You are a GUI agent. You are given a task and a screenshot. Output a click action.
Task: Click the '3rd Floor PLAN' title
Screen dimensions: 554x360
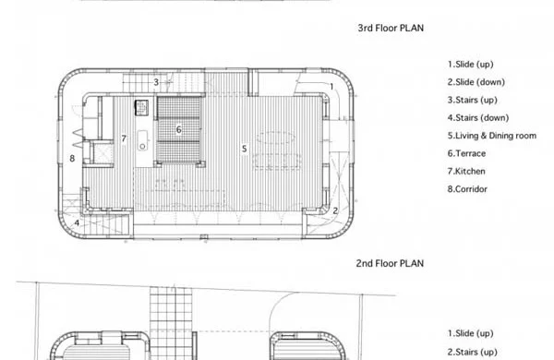(x=391, y=28)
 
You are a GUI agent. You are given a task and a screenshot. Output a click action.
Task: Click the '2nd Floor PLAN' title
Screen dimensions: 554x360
(x=390, y=263)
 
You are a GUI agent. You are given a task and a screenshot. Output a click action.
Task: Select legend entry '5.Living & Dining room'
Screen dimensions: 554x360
(x=492, y=136)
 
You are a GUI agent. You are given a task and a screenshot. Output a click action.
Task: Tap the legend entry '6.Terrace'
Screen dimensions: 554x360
(x=466, y=153)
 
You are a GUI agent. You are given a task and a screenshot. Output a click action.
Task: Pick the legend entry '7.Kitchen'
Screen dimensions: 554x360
(x=466, y=172)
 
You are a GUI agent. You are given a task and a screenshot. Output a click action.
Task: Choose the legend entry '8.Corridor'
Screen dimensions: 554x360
(x=467, y=189)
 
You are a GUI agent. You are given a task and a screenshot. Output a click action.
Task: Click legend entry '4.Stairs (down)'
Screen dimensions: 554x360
(x=478, y=117)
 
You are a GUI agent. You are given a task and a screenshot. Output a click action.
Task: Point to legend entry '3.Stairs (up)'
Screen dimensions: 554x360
(x=473, y=100)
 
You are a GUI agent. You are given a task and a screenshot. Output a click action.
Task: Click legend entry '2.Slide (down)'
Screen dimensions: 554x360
(x=476, y=82)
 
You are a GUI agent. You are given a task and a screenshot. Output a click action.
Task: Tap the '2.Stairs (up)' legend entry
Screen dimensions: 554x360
(x=473, y=352)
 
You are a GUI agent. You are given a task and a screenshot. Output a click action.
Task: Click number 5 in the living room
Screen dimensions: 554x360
(x=244, y=149)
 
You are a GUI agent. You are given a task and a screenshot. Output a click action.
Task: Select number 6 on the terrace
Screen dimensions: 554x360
(x=179, y=129)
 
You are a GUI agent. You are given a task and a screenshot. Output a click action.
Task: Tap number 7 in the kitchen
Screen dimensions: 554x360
(x=124, y=138)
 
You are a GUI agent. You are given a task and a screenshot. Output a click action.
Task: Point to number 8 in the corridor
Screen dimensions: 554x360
(x=72, y=158)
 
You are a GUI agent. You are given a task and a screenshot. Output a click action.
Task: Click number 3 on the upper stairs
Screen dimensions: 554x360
(x=156, y=82)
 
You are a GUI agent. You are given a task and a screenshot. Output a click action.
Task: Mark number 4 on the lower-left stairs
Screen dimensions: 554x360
(x=77, y=223)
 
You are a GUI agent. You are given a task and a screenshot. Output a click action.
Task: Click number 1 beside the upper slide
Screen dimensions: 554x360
(x=331, y=86)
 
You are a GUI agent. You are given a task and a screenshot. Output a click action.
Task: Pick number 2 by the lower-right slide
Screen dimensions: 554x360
(x=335, y=210)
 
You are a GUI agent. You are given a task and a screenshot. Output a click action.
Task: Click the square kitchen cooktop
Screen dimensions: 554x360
(x=141, y=107)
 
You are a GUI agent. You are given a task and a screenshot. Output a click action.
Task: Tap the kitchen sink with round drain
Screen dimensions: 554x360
(x=142, y=140)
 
